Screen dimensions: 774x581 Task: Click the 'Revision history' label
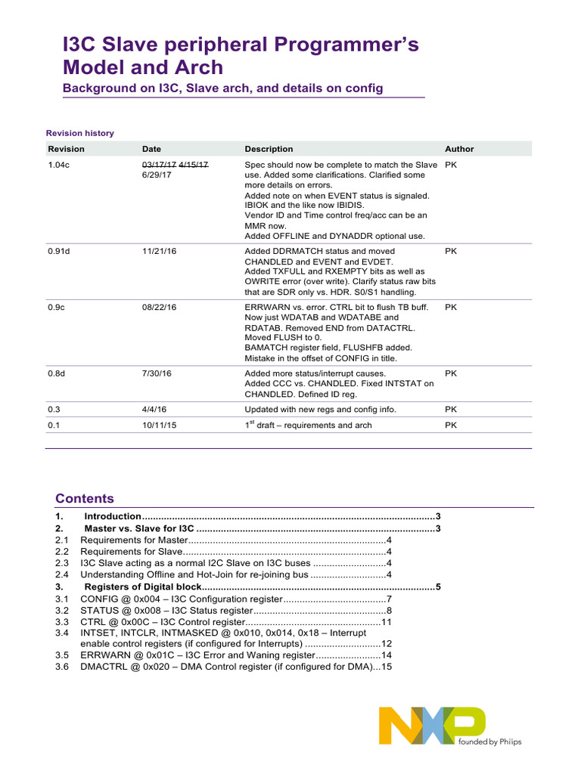point(80,133)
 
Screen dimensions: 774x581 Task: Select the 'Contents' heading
point(85,498)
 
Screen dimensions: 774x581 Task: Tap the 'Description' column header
point(269,149)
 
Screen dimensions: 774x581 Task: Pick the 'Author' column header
point(459,149)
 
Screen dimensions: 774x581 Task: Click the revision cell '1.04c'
point(58,164)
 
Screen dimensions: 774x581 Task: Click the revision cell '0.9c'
point(56,307)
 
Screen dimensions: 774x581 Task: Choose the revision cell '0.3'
point(53,409)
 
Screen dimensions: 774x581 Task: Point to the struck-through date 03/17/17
point(158,164)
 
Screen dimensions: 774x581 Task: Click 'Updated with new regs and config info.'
point(320,409)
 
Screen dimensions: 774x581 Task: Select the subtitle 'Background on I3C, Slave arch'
point(222,88)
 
